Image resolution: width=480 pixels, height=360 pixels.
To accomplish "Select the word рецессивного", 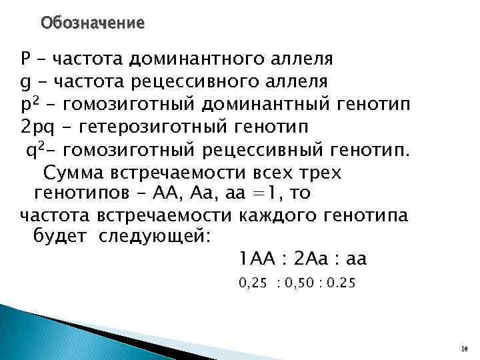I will (188, 81).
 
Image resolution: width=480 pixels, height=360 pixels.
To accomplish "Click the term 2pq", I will (39, 126).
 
